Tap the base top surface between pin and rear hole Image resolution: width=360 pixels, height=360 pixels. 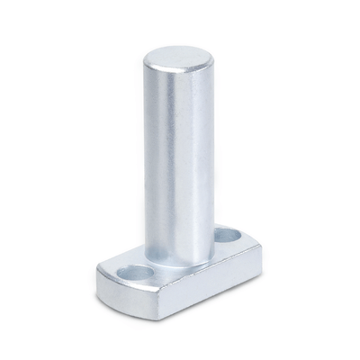pos(214,250)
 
